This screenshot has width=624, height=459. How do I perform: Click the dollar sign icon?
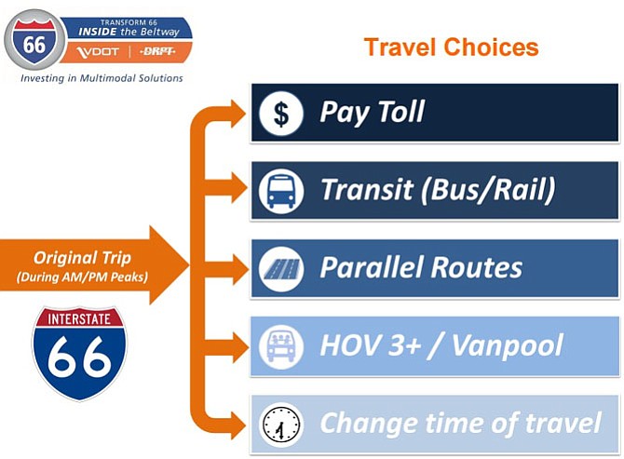click(x=281, y=114)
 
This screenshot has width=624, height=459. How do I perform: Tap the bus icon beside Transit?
click(x=281, y=191)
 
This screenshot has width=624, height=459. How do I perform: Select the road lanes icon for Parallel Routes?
click(x=281, y=269)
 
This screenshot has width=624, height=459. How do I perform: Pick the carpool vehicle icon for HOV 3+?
click(x=281, y=347)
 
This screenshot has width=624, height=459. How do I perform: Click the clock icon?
click(x=281, y=425)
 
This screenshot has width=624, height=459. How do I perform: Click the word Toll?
click(x=400, y=111)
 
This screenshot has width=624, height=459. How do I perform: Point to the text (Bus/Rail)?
click(x=488, y=190)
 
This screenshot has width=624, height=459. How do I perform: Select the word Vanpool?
click(x=507, y=345)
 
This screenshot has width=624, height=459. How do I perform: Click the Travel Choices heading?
click(x=452, y=47)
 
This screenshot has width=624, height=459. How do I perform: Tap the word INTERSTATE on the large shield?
click(x=79, y=319)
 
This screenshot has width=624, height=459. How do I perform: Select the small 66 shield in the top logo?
click(x=34, y=40)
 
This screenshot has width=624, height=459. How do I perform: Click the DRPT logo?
click(x=157, y=51)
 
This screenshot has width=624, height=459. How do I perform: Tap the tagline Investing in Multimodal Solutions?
click(x=102, y=78)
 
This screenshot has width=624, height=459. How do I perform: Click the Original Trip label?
click(x=82, y=258)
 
